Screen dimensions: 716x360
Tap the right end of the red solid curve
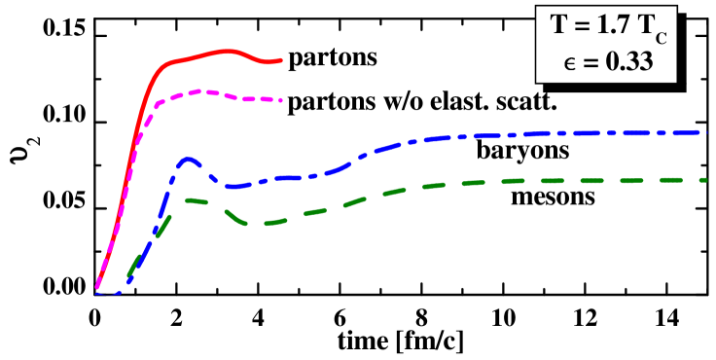pyautogui.click(x=282, y=60)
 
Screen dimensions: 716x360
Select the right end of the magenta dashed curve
pyautogui.click(x=282, y=100)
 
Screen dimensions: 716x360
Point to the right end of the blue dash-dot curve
pyautogui.click(x=701, y=131)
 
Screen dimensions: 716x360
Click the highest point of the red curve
pyautogui.click(x=229, y=51)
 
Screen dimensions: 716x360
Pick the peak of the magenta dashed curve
pyautogui.click(x=198, y=91)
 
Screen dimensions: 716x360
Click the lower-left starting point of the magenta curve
pyautogui.click(x=97, y=288)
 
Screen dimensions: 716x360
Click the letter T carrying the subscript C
pyautogui.click(x=643, y=30)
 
